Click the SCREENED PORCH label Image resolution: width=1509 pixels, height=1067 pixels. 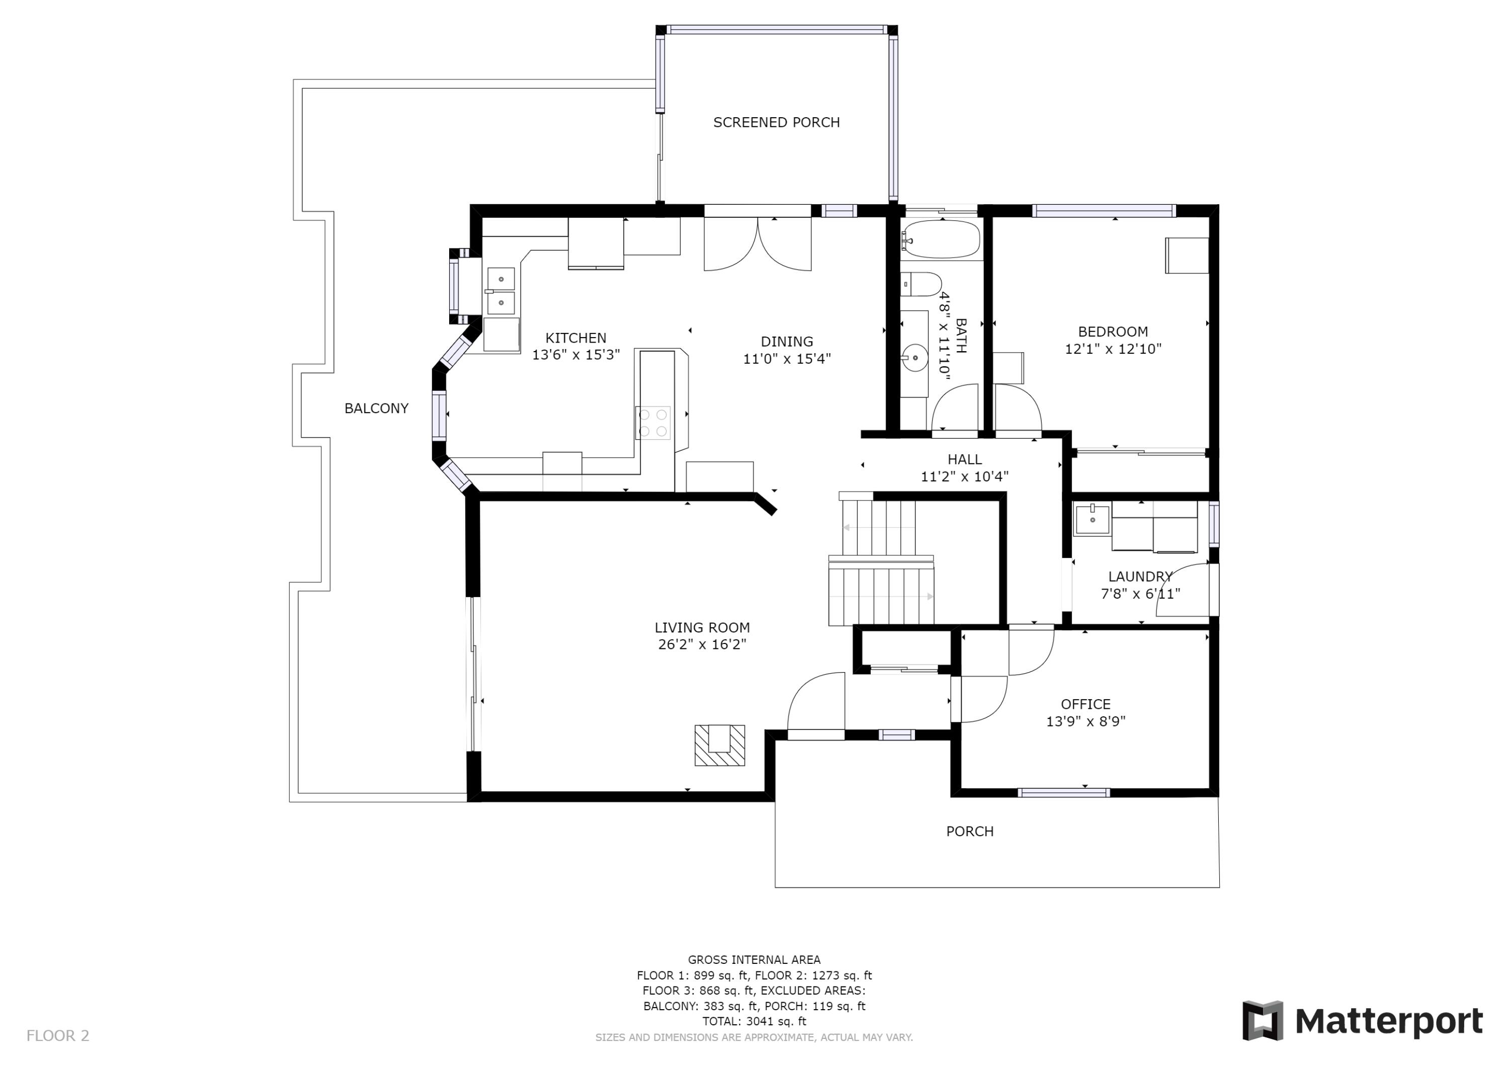(x=776, y=122)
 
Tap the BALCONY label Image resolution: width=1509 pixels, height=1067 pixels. (x=377, y=408)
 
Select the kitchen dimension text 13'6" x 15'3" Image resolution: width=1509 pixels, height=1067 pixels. (x=576, y=355)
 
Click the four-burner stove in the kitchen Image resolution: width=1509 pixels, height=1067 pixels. (x=652, y=423)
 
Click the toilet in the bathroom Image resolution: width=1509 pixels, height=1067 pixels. (x=921, y=284)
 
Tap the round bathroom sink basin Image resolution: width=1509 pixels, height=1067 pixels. (x=914, y=358)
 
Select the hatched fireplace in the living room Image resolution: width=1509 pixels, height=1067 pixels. (x=720, y=745)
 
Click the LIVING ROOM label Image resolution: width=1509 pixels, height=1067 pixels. (x=702, y=628)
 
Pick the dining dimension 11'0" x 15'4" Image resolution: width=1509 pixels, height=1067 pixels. (x=787, y=359)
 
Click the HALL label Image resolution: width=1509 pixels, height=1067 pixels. (x=964, y=459)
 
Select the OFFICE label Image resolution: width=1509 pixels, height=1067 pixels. (x=1086, y=704)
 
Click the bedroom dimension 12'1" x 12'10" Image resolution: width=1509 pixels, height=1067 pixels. (x=1113, y=349)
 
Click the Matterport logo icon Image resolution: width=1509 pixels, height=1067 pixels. (x=1262, y=1021)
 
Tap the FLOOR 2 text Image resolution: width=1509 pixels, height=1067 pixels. (x=58, y=1036)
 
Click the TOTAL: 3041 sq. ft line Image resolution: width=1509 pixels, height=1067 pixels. (x=754, y=1022)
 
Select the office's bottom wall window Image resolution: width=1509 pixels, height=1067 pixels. (x=1063, y=793)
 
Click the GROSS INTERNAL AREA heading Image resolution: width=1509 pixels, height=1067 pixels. (x=754, y=960)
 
